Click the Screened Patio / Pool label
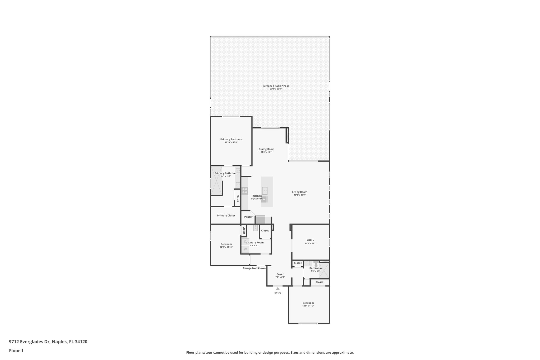click(276, 86)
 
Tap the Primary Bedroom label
click(231, 140)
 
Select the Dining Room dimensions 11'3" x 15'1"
click(266, 152)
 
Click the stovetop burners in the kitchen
click(245, 191)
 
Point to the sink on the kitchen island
click(264, 190)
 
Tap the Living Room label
click(300, 192)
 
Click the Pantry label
click(248, 217)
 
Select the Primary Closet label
click(226, 215)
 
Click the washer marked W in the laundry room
click(245, 249)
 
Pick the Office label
click(311, 240)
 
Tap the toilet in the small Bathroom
click(316, 264)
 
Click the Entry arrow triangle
click(278, 289)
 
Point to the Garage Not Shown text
click(254, 268)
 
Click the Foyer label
click(280, 274)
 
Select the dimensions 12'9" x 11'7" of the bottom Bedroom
click(308, 306)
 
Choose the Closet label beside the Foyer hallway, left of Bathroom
click(298, 263)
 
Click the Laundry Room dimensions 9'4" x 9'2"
click(254, 246)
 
